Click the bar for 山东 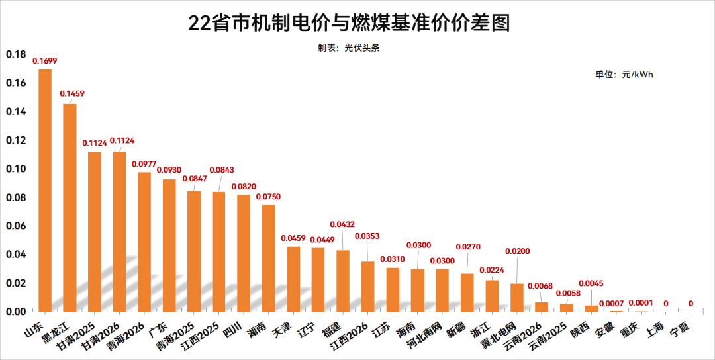(x=45, y=191)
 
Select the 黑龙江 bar (x=70, y=208)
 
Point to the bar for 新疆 (x=467, y=292)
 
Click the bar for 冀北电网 (x=517, y=298)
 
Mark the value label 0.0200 (x=517, y=251)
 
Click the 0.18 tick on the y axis (x=16, y=54)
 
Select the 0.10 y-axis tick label (x=16, y=169)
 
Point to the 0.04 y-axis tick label (x=16, y=255)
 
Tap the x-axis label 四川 (x=232, y=330)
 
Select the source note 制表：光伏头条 (x=348, y=48)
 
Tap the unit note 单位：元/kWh (x=624, y=75)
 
